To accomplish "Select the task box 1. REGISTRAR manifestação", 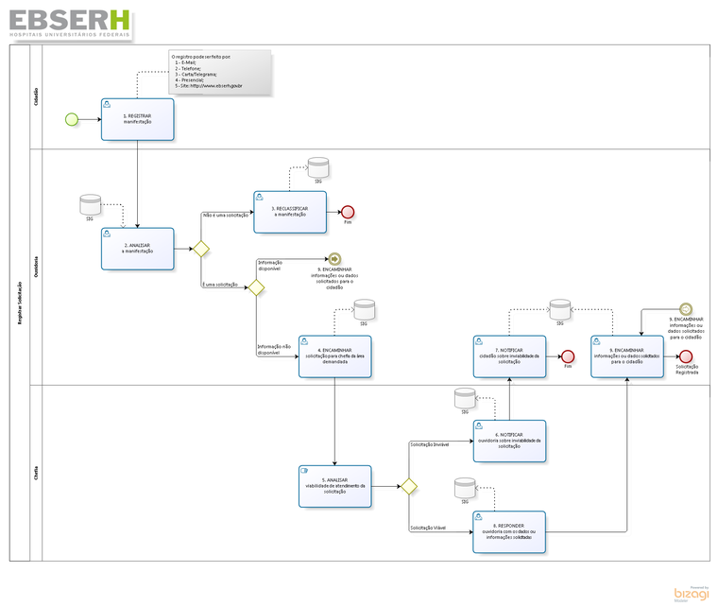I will pyautogui.click(x=137, y=119).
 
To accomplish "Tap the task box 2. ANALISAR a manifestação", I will pyautogui.click(x=137, y=248).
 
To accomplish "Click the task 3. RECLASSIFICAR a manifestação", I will pyautogui.click(x=290, y=212).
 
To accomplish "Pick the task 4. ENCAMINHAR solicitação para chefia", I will pyautogui.click(x=334, y=356).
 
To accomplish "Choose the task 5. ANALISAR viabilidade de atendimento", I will pyautogui.click(x=334, y=486).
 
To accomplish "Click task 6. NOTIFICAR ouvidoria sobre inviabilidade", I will pyautogui.click(x=508, y=440).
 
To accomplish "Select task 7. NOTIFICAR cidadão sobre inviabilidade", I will pyautogui.click(x=508, y=356).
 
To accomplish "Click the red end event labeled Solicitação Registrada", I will pyautogui.click(x=686, y=356).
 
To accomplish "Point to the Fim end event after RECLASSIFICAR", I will pyautogui.click(x=348, y=212).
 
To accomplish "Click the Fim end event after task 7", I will pyautogui.click(x=568, y=356).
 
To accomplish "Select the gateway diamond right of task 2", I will pyautogui.click(x=200, y=249).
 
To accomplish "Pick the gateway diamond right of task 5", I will pyautogui.click(x=408, y=486).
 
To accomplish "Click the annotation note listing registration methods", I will pyautogui.click(x=220, y=72).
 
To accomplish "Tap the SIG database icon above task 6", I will pyautogui.click(x=464, y=397).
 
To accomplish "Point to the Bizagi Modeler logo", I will pyautogui.click(x=691, y=593).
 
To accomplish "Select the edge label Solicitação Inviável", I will pyautogui.click(x=435, y=443).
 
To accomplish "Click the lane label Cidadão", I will pyautogui.click(x=36, y=95).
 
